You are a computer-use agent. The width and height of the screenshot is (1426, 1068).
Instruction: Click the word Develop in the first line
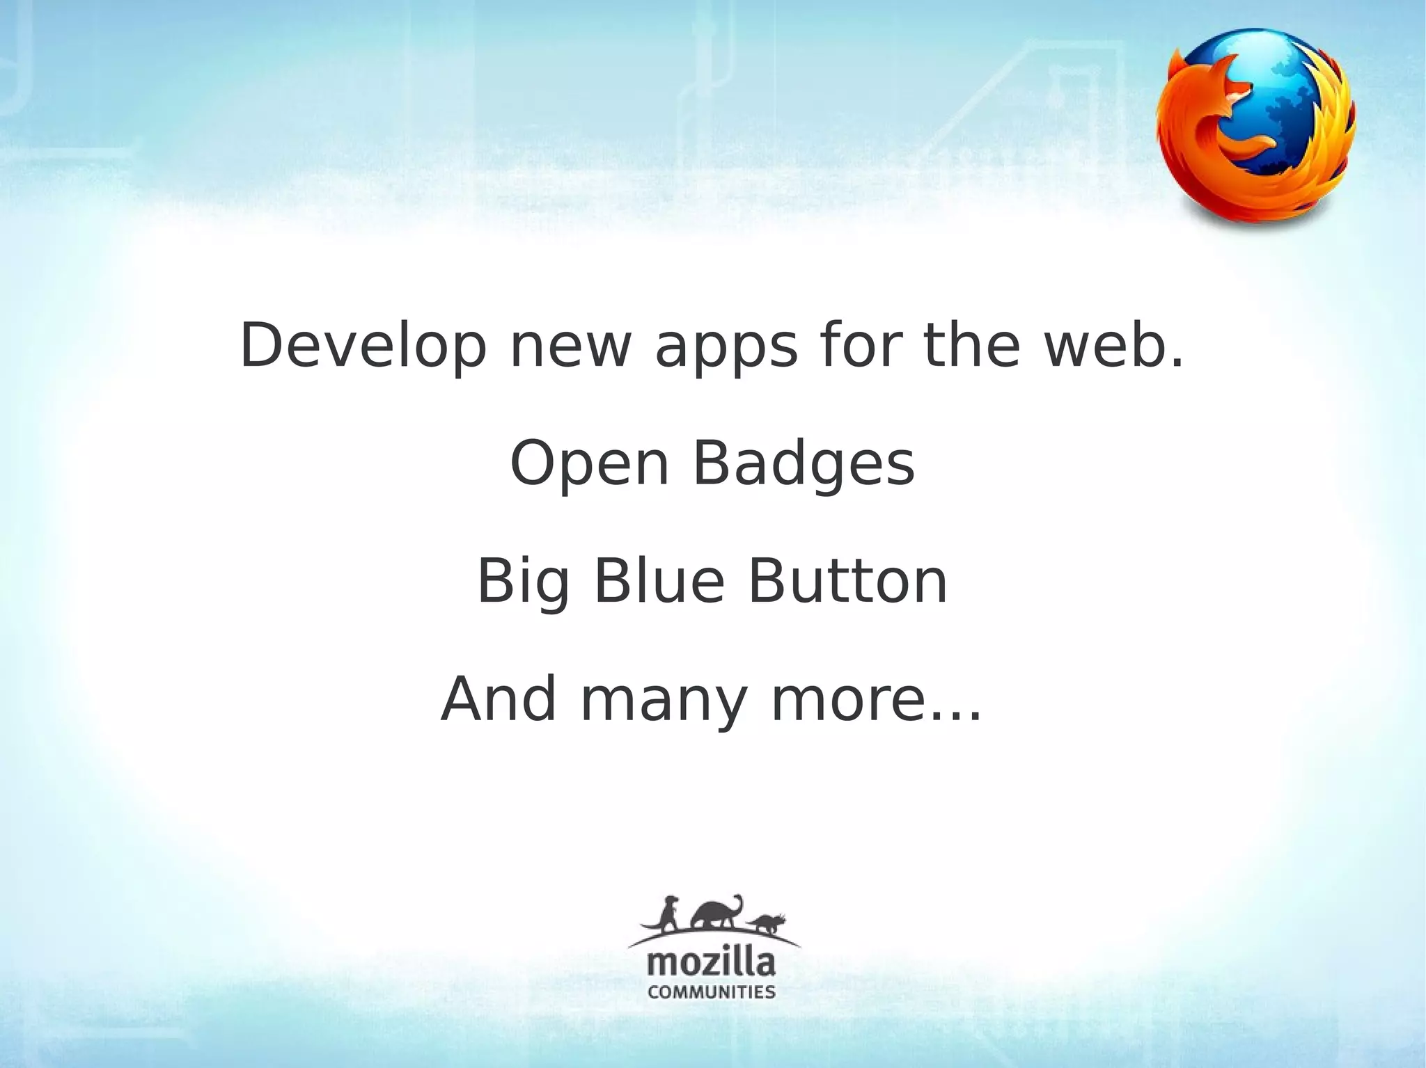(363, 346)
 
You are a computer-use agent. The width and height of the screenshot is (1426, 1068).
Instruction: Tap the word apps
(726, 348)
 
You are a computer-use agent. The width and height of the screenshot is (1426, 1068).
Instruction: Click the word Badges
(804, 465)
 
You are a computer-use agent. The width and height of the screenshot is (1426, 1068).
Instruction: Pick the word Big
(524, 583)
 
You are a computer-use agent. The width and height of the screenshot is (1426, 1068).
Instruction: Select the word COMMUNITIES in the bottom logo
(711, 991)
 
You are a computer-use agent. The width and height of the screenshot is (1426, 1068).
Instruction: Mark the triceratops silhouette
(768, 923)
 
